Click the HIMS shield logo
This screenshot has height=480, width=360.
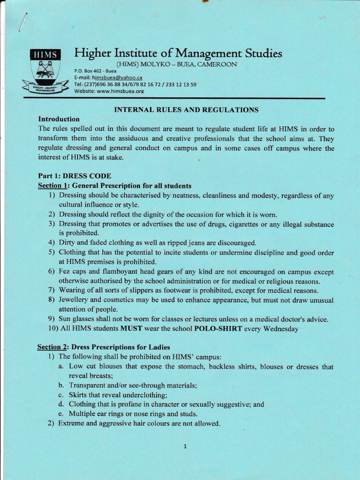[45, 70]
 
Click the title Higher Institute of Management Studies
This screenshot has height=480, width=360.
[178, 53]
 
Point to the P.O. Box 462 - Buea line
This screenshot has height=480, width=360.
[95, 71]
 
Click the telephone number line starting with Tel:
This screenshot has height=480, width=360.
[135, 84]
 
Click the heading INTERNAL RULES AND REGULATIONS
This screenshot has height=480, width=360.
[187, 110]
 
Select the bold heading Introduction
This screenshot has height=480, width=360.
[59, 119]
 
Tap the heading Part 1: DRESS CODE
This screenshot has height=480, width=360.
[75, 176]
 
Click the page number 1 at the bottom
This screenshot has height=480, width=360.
[185, 446]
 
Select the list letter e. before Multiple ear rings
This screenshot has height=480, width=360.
[61, 413]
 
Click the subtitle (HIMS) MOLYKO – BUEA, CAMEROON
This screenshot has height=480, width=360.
[176, 64]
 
